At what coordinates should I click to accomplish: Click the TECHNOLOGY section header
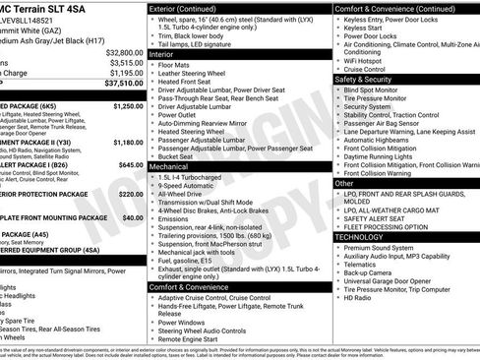[x=358, y=236]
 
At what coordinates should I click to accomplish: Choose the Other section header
[x=344, y=183]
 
